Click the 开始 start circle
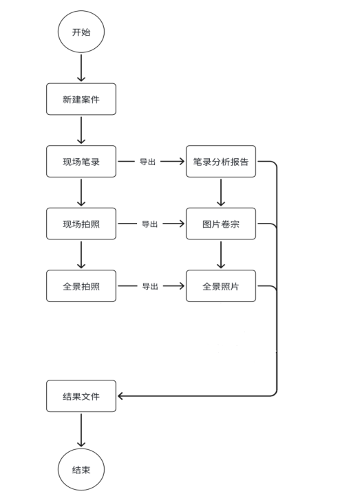[x=81, y=32]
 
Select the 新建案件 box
[x=81, y=99]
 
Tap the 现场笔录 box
[x=81, y=162]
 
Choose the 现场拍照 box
[x=81, y=224]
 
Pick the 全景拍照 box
[x=81, y=285]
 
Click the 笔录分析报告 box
[x=221, y=162]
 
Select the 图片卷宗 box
[x=221, y=224]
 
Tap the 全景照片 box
[x=221, y=285]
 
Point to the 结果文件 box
[x=81, y=396]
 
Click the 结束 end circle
[x=81, y=470]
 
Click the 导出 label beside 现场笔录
[x=148, y=162]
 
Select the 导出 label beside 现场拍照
[x=149, y=224]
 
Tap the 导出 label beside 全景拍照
[x=150, y=286]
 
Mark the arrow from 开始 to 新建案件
[x=81, y=68]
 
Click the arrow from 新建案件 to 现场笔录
[x=81, y=130]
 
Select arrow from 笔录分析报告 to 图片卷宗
[x=221, y=193]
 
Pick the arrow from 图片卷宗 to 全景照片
[x=221, y=255]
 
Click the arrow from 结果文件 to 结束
[x=81, y=431]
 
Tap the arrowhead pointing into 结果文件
[x=121, y=396]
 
